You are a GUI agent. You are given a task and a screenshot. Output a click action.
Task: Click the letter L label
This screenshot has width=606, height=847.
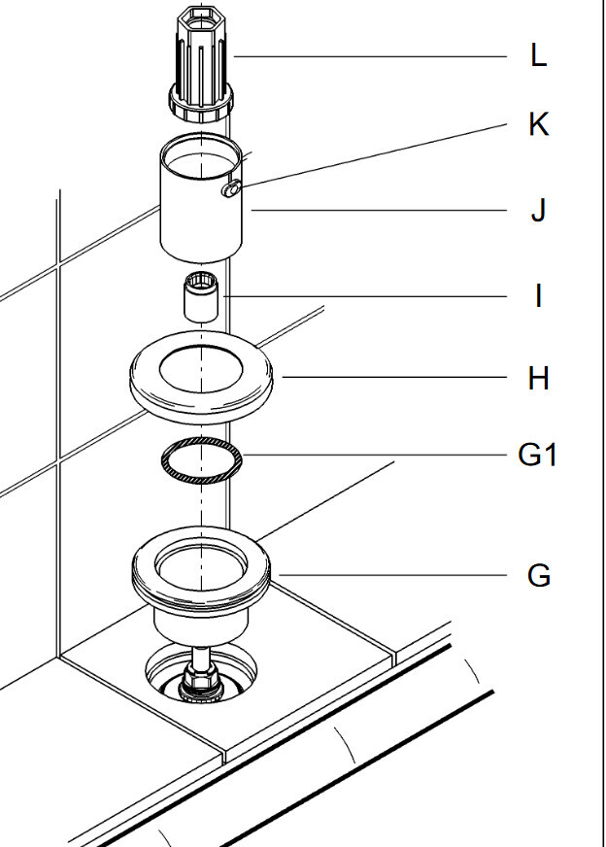click(538, 56)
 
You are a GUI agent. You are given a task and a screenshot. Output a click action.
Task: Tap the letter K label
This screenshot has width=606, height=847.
click(538, 124)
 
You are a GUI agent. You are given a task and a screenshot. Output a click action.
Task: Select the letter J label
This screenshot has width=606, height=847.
click(538, 210)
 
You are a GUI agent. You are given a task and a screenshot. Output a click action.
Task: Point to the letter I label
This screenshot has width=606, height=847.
click(538, 295)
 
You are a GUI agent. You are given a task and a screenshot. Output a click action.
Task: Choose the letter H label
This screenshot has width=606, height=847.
click(538, 378)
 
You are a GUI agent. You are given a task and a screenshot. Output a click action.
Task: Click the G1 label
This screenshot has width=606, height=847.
click(537, 454)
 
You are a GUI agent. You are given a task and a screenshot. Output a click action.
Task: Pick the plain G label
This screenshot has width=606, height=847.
click(538, 576)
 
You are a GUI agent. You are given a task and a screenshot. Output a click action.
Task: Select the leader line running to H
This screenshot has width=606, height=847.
click(388, 378)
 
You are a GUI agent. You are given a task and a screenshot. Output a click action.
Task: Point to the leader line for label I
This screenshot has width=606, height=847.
click(369, 294)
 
